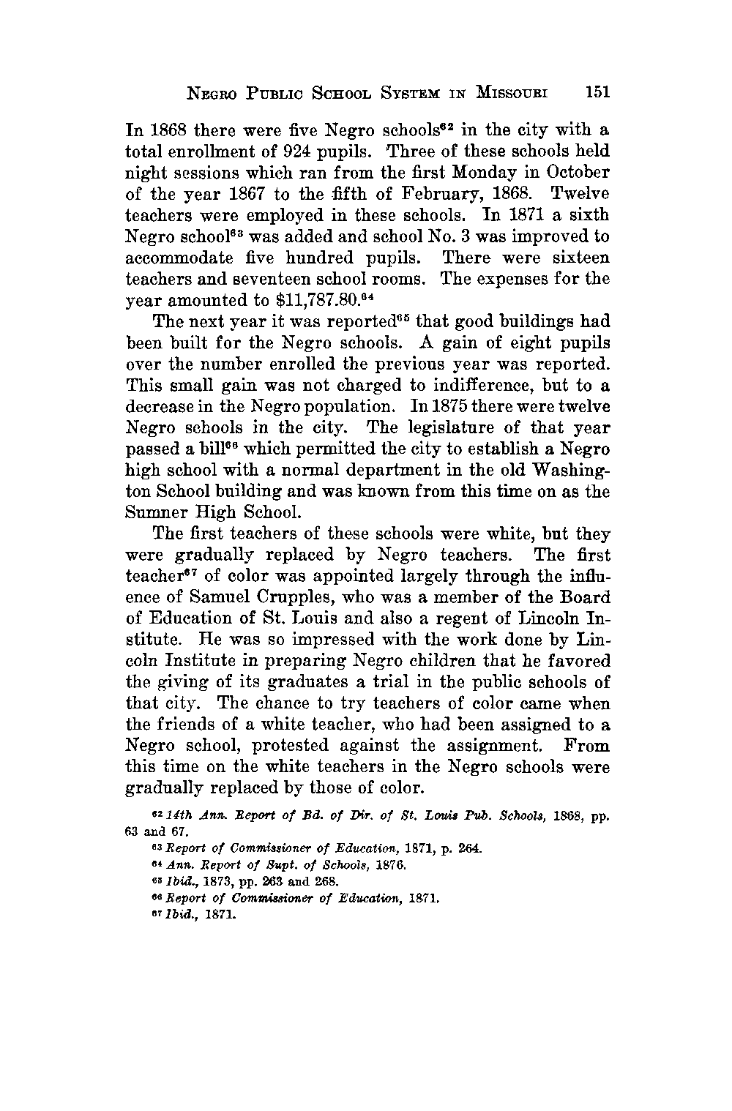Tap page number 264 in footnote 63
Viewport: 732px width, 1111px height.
point(468,849)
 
